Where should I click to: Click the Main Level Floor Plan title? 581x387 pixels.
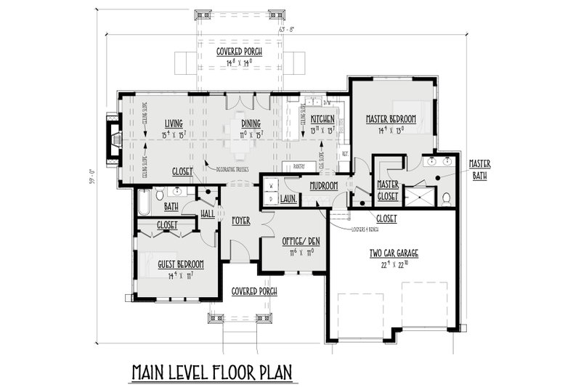[x=211, y=372]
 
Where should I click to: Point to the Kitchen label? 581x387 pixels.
[x=322, y=118]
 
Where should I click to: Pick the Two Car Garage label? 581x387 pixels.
[x=392, y=253]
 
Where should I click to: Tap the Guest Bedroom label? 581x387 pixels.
[x=180, y=264]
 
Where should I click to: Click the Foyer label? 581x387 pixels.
[x=241, y=219]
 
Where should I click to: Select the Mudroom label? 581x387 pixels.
[x=323, y=186]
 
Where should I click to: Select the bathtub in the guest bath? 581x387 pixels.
[x=143, y=202]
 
